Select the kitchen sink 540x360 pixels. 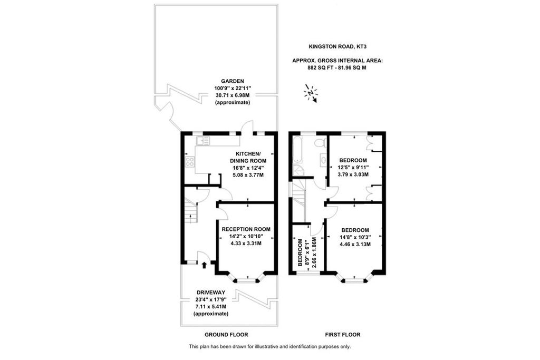202,140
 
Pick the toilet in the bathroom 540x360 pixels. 319,143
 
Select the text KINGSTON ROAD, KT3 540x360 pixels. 337,47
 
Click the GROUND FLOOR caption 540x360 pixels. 226,335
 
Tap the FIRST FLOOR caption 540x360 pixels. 342,335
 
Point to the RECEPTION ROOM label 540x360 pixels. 246,229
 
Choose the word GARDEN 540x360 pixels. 232,81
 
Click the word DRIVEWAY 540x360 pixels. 211,293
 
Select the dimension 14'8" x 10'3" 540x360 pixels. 355,237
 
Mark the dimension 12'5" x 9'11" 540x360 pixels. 353,167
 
